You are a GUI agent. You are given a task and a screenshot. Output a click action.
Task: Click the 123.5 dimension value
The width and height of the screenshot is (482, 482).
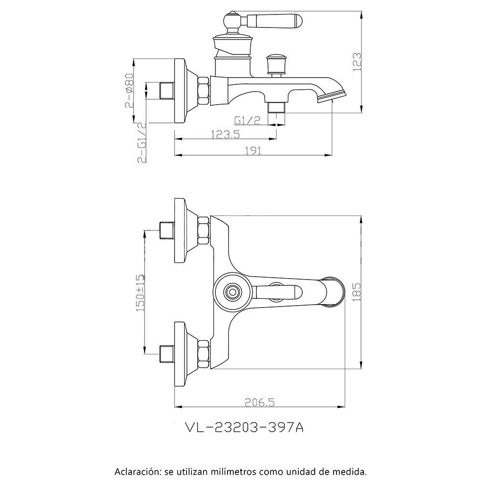tap(225, 135)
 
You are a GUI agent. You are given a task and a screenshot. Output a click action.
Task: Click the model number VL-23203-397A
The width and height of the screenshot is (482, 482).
tap(244, 428)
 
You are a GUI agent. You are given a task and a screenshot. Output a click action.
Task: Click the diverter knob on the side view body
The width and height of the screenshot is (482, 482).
tap(277, 63)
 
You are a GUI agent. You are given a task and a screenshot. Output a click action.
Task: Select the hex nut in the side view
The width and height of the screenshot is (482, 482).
tap(204, 90)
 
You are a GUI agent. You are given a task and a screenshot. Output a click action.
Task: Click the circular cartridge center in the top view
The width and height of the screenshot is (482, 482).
tap(233, 291)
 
